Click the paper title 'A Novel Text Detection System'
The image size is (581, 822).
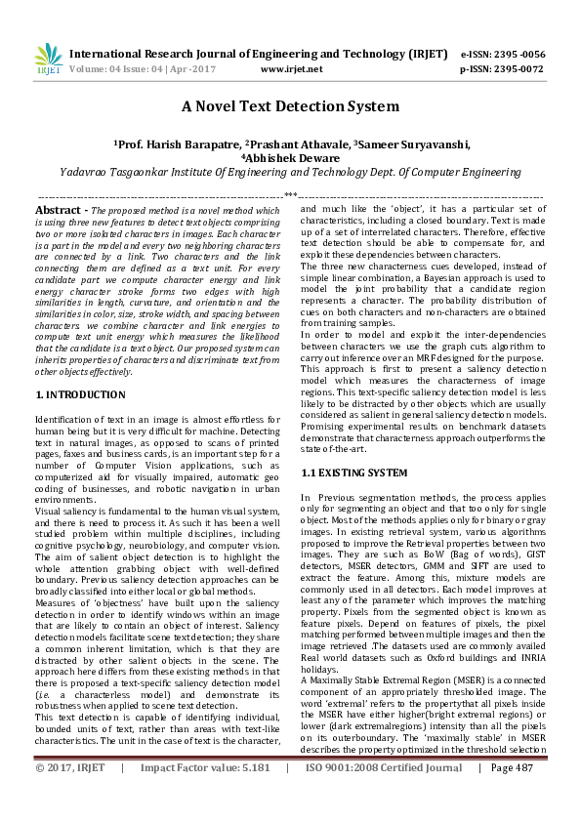(290, 106)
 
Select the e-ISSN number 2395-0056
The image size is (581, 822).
(519, 54)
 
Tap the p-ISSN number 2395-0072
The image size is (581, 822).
(519, 69)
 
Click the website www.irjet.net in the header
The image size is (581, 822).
(292, 69)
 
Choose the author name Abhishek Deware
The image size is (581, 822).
(294, 158)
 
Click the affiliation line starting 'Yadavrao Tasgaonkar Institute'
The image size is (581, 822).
(290, 172)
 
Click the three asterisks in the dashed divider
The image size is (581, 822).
(290, 196)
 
